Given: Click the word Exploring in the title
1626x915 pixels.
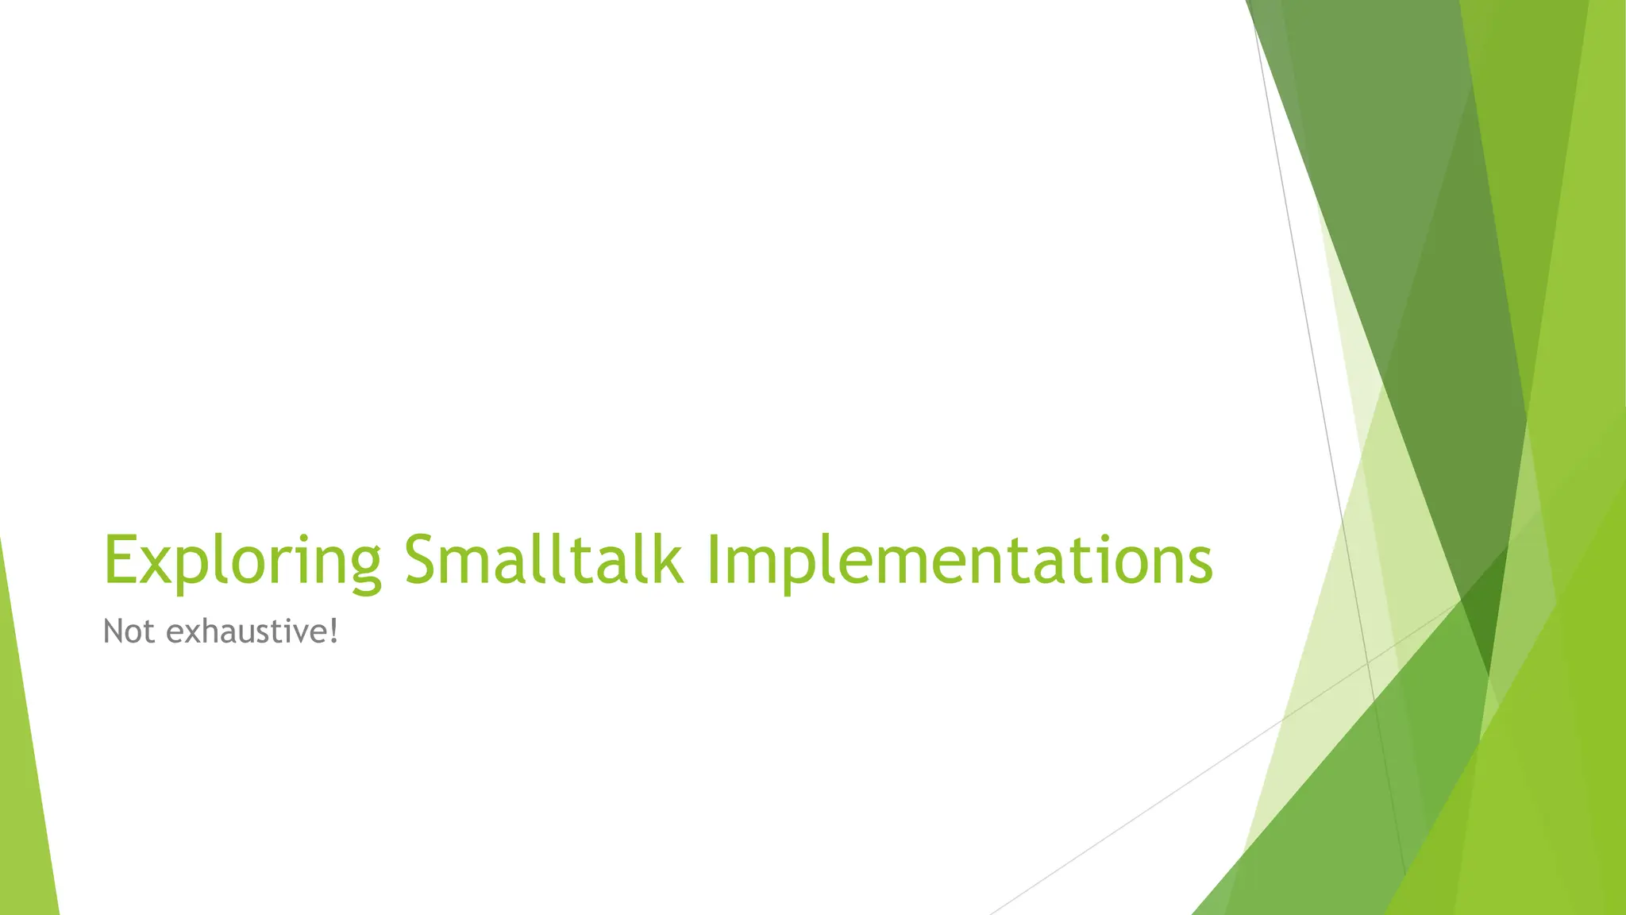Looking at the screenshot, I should point(242,561).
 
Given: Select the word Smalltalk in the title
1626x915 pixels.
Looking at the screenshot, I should point(543,559).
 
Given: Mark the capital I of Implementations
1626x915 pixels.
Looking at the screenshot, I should point(712,559).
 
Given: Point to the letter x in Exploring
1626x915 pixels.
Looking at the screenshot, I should point(158,564).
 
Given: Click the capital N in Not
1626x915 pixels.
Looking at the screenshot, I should point(115,632).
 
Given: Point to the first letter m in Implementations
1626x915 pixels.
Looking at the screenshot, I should point(752,564).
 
